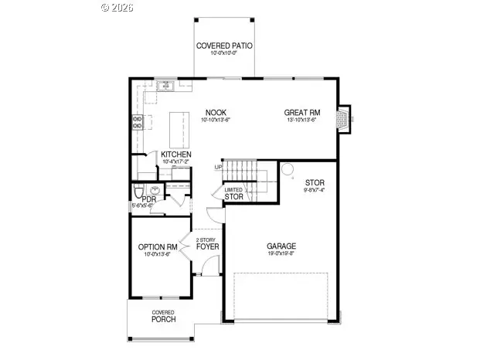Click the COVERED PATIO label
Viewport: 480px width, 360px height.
[x=224, y=46]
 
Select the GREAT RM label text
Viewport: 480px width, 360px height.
[x=302, y=112]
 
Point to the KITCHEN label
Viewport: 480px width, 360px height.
[x=176, y=155]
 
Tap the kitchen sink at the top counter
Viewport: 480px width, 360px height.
[x=165, y=87]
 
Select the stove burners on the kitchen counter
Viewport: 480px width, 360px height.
[x=138, y=121]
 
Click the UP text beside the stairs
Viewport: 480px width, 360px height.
[x=219, y=167]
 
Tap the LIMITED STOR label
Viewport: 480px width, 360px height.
[x=233, y=194]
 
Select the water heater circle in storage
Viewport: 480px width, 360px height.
[x=287, y=169]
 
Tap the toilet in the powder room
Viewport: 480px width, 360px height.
[x=139, y=191]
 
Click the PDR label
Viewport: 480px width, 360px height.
[x=148, y=199]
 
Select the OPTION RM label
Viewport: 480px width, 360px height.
[x=158, y=247]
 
